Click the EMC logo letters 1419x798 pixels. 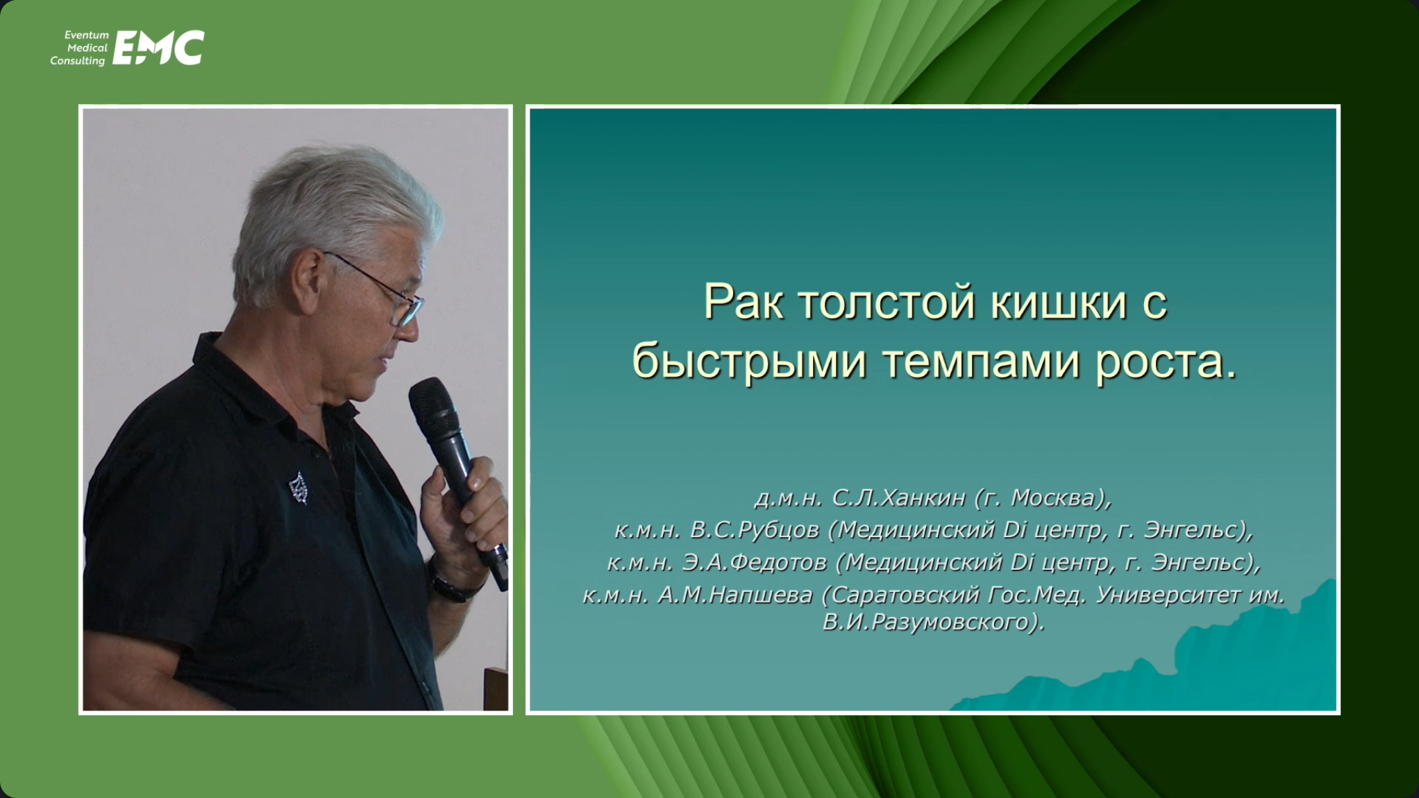(158, 48)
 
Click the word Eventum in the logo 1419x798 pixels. (87, 35)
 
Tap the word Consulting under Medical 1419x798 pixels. (78, 61)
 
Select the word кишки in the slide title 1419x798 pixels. (1058, 303)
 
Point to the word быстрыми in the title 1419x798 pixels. (749, 362)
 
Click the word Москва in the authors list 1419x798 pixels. (1054, 498)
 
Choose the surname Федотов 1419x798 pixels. (780, 562)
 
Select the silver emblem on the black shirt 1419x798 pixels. (299, 488)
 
